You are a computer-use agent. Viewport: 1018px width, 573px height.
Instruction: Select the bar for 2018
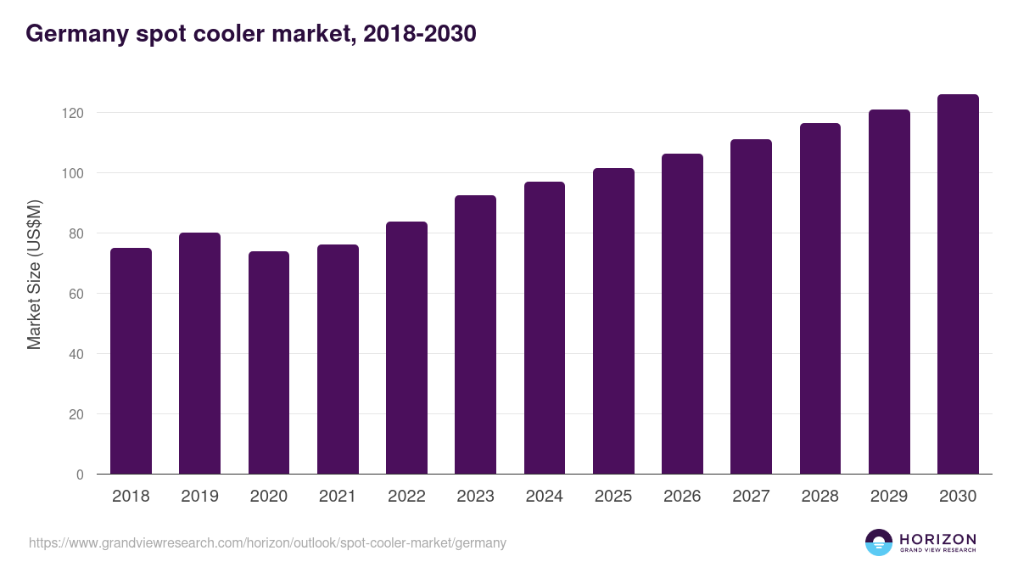[131, 361]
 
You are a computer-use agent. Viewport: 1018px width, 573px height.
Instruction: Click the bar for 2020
[269, 362]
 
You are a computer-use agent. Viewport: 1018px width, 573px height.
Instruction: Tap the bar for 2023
[475, 334]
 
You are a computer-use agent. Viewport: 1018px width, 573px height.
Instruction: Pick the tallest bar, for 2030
[958, 284]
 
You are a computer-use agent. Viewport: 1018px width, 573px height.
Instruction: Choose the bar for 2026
[682, 314]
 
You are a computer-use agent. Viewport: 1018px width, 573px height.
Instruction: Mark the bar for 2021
[338, 359]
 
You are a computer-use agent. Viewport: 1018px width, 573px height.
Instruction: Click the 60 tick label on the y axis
[76, 294]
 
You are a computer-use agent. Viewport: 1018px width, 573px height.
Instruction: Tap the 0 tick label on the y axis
[80, 475]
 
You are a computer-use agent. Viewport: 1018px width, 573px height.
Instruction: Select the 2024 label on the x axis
[544, 497]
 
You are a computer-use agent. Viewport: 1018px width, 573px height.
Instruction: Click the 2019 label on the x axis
[199, 497]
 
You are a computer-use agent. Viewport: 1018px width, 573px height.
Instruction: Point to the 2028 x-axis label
[819, 497]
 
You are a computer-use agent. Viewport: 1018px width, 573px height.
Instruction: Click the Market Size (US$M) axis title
[35, 275]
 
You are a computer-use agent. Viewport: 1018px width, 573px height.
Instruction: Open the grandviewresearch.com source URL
[267, 542]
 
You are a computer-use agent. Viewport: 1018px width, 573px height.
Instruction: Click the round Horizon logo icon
[879, 542]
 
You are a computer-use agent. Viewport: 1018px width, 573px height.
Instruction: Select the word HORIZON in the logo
[937, 538]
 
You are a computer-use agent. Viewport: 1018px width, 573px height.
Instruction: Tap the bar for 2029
[889, 292]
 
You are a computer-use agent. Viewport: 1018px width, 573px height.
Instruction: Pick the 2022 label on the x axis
[406, 497]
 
